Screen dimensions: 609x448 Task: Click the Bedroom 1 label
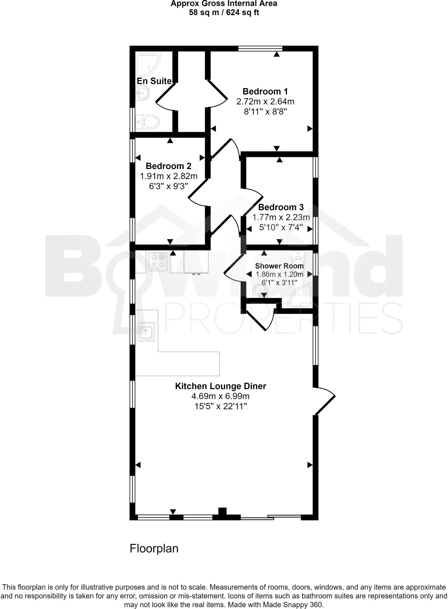coord(265,91)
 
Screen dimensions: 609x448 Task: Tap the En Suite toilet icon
coord(148,122)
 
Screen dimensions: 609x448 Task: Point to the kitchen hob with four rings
coord(158,261)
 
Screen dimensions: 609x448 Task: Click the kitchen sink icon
coord(146,332)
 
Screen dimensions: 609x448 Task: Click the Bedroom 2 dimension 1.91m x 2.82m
coord(169,176)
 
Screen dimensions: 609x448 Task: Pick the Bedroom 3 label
coord(281,207)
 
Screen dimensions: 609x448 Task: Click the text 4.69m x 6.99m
coord(220,396)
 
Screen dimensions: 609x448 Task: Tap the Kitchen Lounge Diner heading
coord(220,386)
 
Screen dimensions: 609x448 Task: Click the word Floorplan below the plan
coord(154,548)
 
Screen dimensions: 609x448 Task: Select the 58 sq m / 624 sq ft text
coord(224,13)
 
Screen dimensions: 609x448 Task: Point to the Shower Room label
coord(279,266)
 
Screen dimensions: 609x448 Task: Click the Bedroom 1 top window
coord(260,48)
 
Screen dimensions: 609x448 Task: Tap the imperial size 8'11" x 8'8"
coord(265,112)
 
